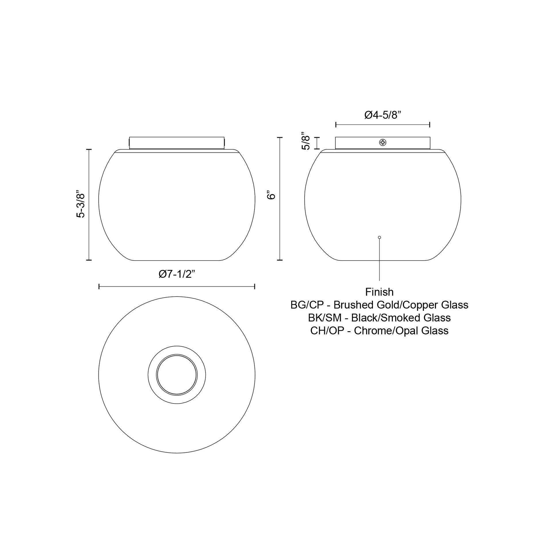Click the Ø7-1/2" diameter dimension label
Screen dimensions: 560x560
pyautogui.click(x=177, y=274)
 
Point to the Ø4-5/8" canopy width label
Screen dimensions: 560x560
pyautogui.click(x=382, y=115)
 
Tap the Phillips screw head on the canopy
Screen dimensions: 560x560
pyautogui.click(x=383, y=142)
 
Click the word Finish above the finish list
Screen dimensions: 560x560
pyautogui.click(x=379, y=292)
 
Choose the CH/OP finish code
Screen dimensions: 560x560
pyautogui.click(x=327, y=331)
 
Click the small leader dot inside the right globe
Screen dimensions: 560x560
pyautogui.click(x=379, y=237)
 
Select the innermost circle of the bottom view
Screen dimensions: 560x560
pyautogui.click(x=177, y=375)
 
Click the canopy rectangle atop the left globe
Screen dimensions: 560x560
pyautogui.click(x=177, y=143)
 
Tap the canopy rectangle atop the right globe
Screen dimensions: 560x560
pyautogui.click(x=357, y=143)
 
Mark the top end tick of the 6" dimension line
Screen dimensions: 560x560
pyautogui.click(x=280, y=138)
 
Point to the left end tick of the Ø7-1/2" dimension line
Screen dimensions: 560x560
pyautogui.click(x=99, y=286)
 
